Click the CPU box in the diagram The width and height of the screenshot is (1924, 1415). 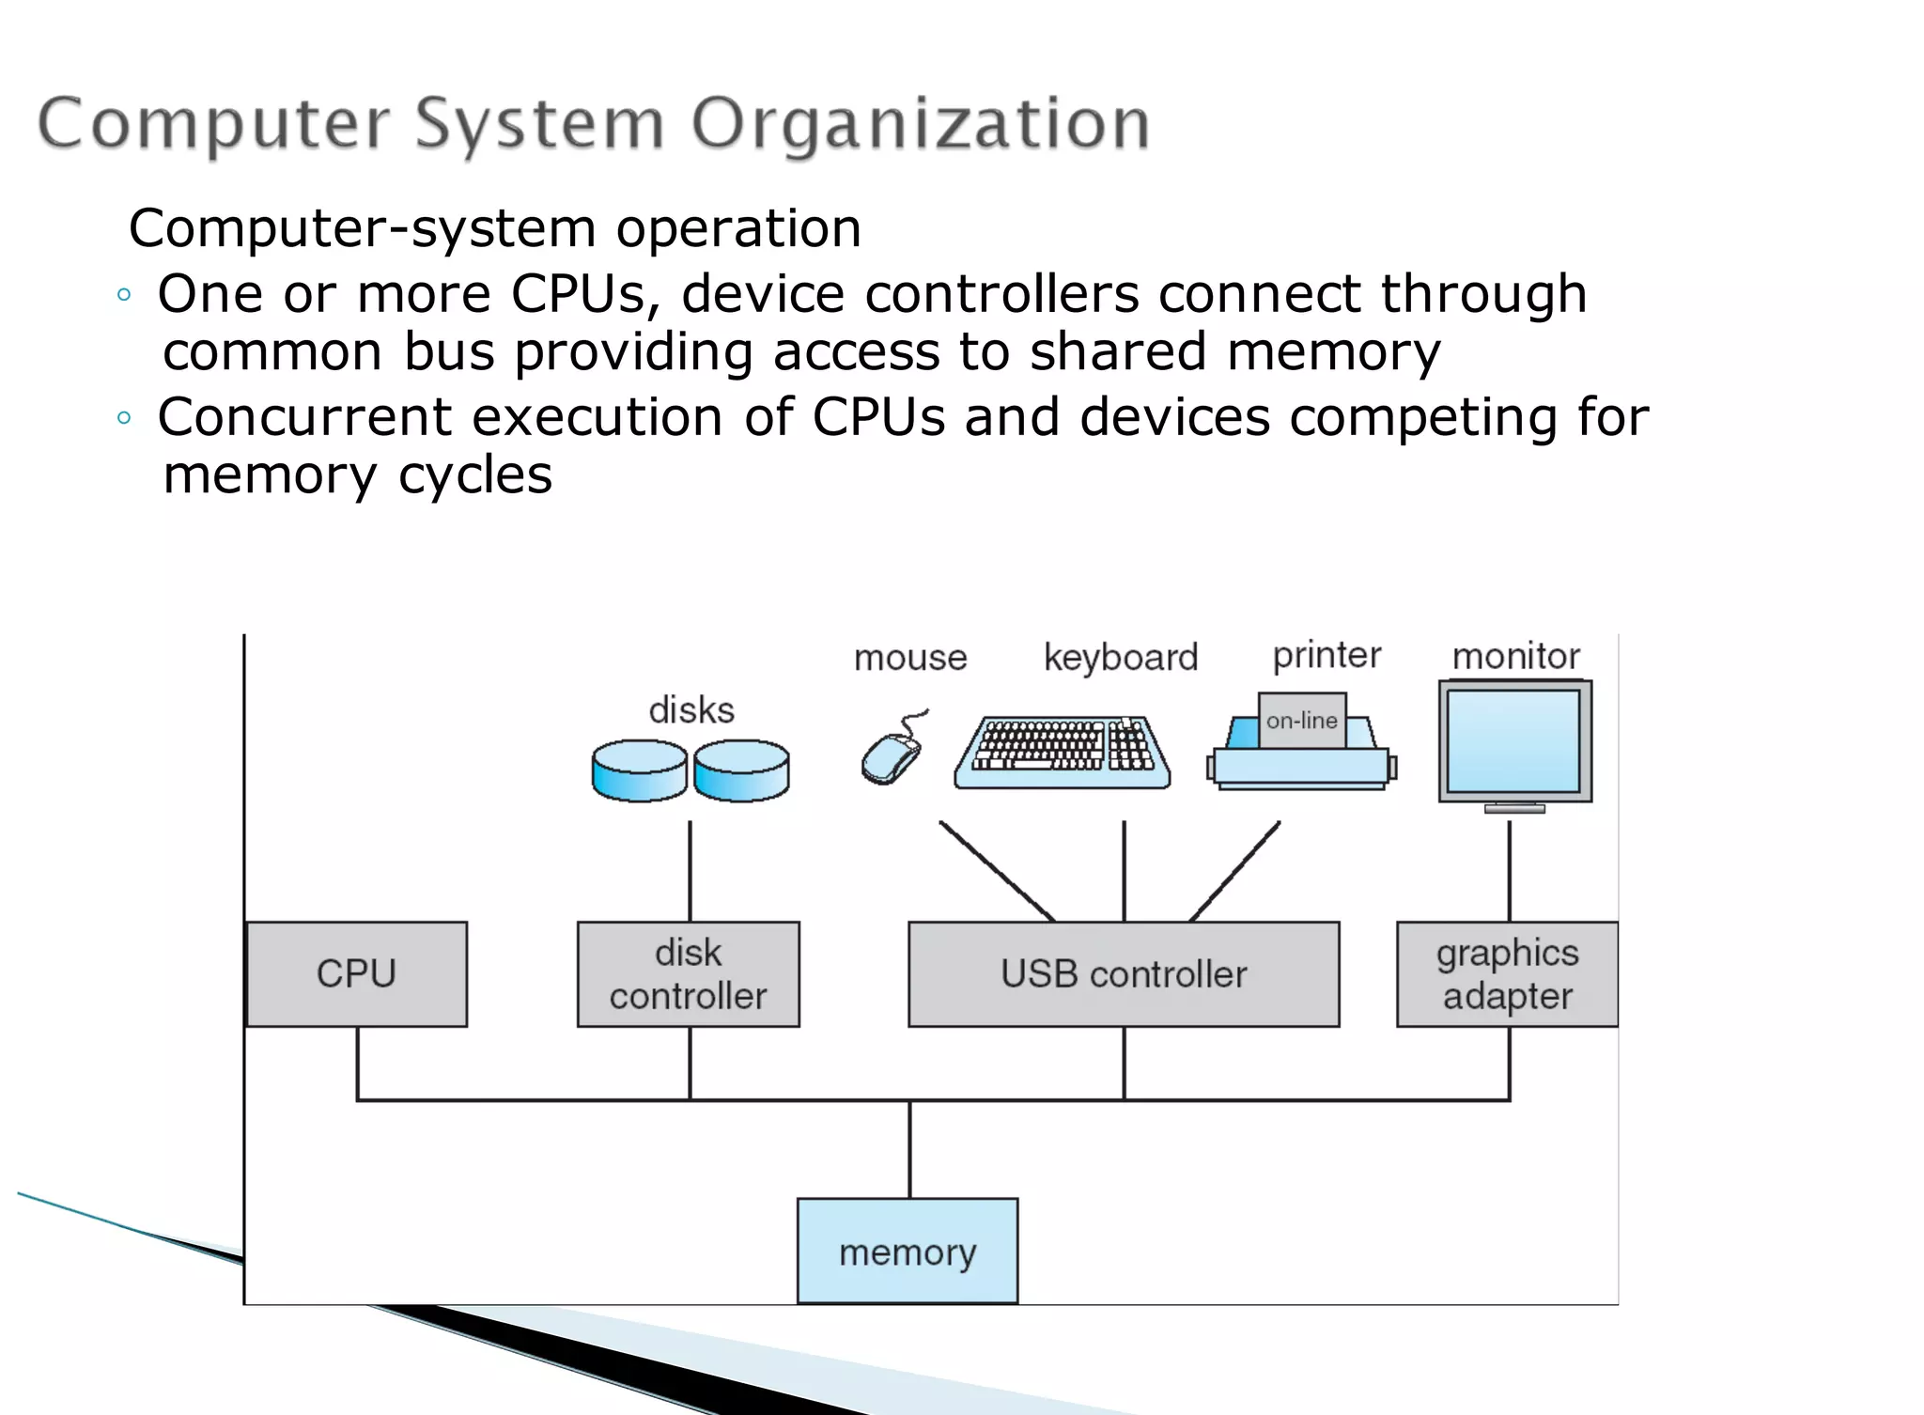(356, 974)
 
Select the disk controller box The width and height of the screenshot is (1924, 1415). (688, 974)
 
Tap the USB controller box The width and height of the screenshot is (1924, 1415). (1124, 974)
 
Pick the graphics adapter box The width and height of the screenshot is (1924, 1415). (1507, 974)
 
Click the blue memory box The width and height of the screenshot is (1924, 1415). (908, 1251)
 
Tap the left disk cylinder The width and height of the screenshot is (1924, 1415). (640, 770)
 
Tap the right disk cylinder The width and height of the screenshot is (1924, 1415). (741, 770)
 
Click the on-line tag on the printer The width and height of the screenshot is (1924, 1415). (1302, 721)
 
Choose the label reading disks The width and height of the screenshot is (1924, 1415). (691, 710)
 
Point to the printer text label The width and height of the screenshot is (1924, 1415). (1327, 655)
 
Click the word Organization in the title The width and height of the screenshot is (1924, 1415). (921, 124)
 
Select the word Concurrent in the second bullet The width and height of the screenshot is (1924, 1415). (305, 417)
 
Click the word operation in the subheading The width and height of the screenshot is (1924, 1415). (738, 228)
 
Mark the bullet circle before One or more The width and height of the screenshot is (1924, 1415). (124, 295)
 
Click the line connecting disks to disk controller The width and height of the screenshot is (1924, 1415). (690, 872)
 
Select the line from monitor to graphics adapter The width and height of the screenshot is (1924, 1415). (1510, 872)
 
